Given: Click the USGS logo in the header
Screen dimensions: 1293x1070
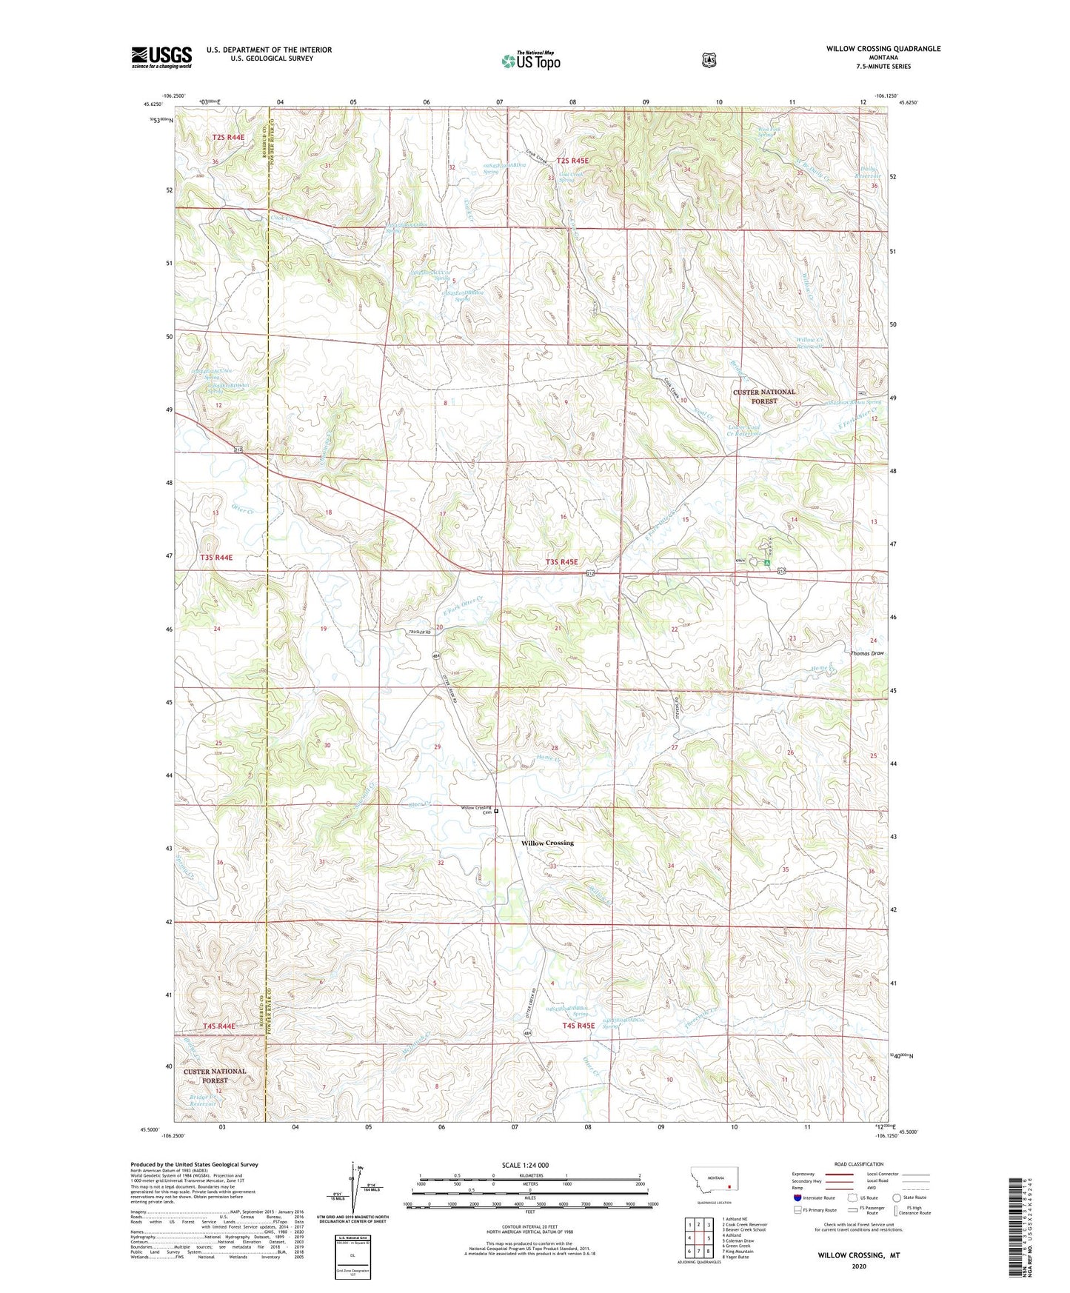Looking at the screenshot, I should coord(161,58).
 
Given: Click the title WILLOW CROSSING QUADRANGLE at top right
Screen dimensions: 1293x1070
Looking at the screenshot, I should coord(883,49).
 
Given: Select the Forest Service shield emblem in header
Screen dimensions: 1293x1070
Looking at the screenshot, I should coord(709,60).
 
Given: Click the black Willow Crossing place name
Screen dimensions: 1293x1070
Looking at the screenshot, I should coord(547,843).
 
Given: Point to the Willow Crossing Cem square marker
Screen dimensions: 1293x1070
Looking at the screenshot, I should coord(496,811).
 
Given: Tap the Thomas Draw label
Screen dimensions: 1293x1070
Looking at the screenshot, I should coord(867,654).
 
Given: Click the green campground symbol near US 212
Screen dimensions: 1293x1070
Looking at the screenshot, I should coord(767,564).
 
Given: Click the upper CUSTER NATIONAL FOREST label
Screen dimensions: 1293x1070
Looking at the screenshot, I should coord(764,396).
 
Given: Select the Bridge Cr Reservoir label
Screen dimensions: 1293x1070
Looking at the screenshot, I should coord(202,1100).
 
